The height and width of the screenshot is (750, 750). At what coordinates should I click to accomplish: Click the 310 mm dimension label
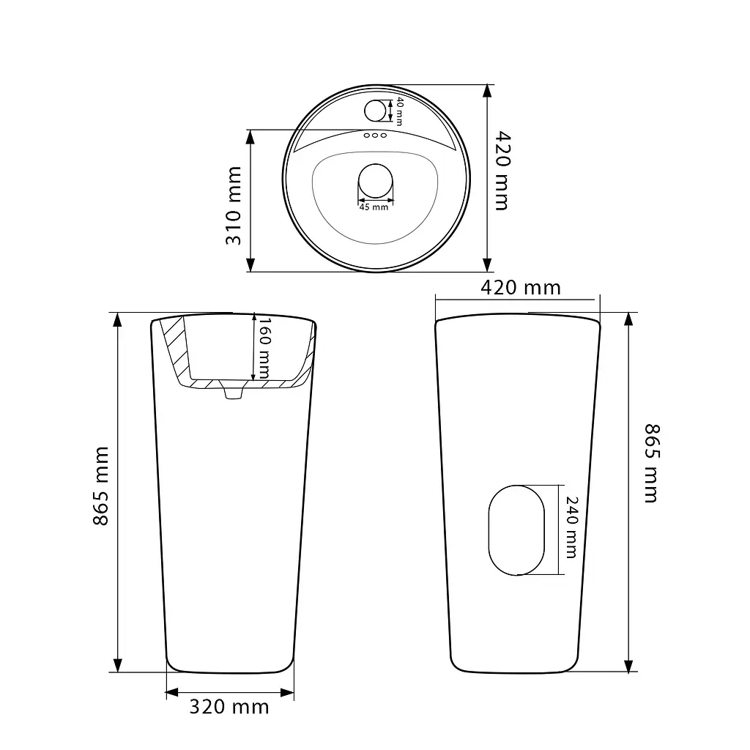pyautogui.click(x=234, y=206)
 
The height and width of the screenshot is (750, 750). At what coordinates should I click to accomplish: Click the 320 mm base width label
pyautogui.click(x=229, y=707)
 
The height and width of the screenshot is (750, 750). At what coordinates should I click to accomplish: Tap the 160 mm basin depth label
pyautogui.click(x=264, y=348)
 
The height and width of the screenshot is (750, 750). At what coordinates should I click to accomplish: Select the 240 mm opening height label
pyautogui.click(x=571, y=527)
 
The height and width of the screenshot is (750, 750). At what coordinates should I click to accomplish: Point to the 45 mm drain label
pyautogui.click(x=374, y=207)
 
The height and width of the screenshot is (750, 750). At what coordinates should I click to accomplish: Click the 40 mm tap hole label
pyautogui.click(x=399, y=111)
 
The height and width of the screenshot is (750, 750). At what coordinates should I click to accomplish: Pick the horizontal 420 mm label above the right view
pyautogui.click(x=521, y=287)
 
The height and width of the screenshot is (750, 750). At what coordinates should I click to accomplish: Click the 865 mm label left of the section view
pyautogui.click(x=101, y=486)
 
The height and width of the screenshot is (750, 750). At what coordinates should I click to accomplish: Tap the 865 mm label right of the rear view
pyautogui.click(x=651, y=463)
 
